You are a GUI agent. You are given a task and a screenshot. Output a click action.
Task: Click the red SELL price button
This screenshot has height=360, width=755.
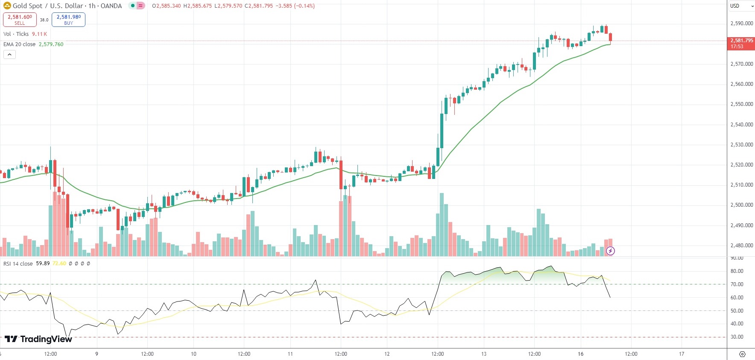20,20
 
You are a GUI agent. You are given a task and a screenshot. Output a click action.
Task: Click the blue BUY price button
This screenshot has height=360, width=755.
68,20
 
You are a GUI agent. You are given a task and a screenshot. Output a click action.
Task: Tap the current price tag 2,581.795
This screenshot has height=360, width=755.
741,43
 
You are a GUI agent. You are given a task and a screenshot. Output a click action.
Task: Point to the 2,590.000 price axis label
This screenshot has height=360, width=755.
742,23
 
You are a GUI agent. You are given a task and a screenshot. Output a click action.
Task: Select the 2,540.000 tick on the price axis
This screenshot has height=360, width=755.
742,125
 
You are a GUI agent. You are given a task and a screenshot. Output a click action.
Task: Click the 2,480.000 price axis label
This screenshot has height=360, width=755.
742,246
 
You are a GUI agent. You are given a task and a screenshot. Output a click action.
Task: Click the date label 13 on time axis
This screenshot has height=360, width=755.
484,354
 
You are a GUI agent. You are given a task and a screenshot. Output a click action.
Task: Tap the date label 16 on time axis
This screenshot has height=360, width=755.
581,354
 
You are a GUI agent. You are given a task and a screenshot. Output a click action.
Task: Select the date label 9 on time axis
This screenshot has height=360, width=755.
97,354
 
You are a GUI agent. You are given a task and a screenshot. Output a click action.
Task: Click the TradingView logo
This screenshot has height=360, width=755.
38,339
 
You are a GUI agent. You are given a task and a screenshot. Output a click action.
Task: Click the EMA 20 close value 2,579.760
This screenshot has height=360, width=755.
51,44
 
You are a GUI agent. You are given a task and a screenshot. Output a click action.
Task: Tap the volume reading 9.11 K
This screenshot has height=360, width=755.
39,34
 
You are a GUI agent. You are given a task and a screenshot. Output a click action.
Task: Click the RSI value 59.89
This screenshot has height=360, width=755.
43,263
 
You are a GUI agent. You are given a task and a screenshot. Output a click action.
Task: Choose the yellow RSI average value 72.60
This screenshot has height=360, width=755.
59,263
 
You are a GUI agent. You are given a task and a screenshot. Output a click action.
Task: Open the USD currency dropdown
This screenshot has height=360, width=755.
740,6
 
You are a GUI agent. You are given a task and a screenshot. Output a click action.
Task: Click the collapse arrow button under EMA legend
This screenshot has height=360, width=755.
9,54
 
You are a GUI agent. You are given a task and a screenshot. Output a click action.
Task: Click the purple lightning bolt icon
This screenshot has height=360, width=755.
611,251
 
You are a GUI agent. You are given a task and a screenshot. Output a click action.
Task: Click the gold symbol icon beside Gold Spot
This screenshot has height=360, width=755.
7,6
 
